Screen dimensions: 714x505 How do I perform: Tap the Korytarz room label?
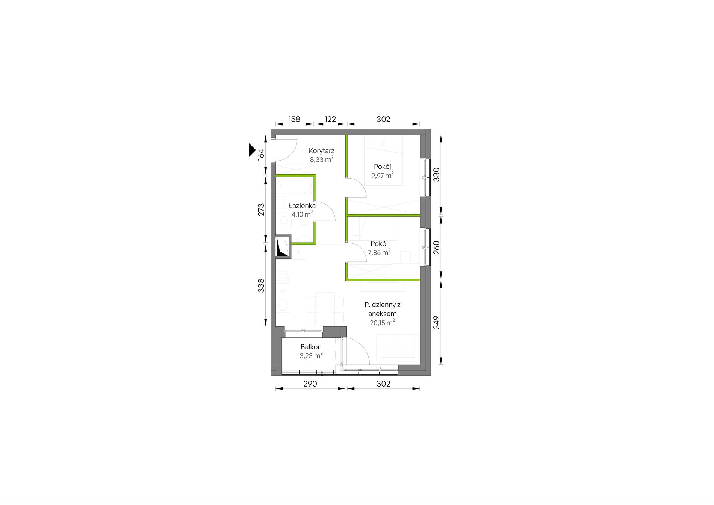[x=322, y=151]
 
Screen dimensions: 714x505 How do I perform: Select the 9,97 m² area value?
[x=383, y=175]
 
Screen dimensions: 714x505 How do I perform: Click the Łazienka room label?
[x=302, y=206]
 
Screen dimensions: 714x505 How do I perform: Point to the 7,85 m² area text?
[x=379, y=252]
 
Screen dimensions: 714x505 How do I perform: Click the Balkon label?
[x=311, y=347]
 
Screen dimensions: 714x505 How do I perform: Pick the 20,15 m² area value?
[x=382, y=323]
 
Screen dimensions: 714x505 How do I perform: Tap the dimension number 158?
[x=294, y=119]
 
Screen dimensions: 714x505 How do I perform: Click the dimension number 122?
[x=330, y=119]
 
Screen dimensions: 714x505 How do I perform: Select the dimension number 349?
[x=436, y=322]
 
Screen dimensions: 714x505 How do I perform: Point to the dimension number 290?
[x=310, y=384]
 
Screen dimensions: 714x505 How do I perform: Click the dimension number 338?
[x=261, y=285]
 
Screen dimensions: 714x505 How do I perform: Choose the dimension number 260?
[x=436, y=247]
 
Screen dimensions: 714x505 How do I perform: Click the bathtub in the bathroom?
[x=294, y=187]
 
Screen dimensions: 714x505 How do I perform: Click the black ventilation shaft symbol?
[x=283, y=246]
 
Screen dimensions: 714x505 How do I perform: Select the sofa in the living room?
[x=398, y=347]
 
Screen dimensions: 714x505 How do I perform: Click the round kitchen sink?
[x=283, y=305]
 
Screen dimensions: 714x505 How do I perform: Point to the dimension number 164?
[x=261, y=154]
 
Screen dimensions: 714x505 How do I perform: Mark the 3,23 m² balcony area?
[x=311, y=356]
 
